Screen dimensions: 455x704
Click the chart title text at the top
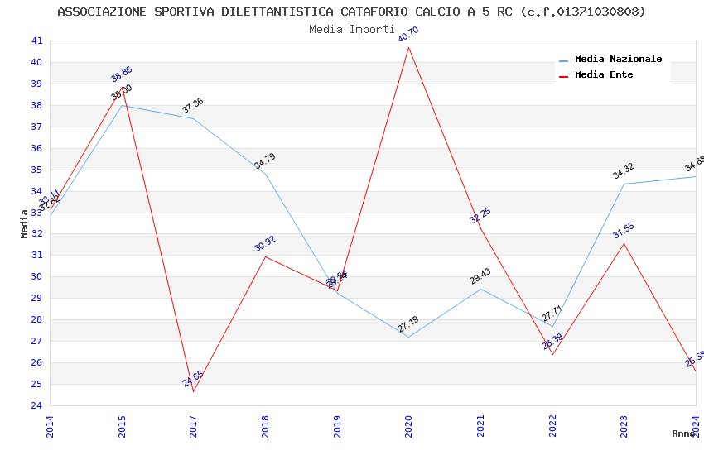point(351,12)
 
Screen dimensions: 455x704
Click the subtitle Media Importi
point(351,29)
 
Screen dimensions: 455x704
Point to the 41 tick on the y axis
point(36,41)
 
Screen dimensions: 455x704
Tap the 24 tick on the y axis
point(36,405)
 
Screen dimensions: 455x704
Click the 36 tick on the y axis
point(36,148)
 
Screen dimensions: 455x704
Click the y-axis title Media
point(25,223)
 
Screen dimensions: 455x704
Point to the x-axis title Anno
point(683,433)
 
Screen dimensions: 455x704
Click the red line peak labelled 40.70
point(409,47)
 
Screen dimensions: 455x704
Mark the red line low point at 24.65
point(194,391)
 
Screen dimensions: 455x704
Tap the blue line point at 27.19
point(409,337)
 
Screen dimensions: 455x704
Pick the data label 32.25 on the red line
point(480,216)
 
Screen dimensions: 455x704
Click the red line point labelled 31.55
point(624,243)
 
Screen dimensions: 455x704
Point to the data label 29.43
point(480,276)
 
